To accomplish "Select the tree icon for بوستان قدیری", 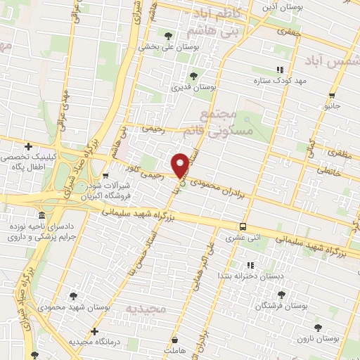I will click(x=193, y=75).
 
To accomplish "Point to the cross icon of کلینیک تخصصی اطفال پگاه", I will click(x=27, y=146).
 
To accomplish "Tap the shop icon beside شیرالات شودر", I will click(x=105, y=176).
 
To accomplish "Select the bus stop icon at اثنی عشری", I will click(x=243, y=226).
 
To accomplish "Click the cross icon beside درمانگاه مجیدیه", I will click(x=95, y=330).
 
